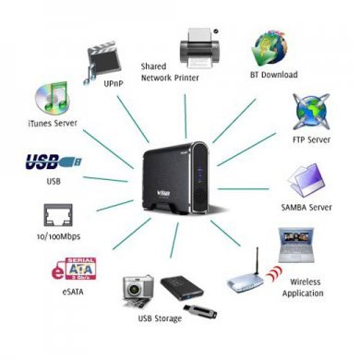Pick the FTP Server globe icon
click(311, 110)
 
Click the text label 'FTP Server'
click(310, 139)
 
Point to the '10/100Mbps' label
click(54, 239)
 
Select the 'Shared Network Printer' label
click(169, 73)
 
